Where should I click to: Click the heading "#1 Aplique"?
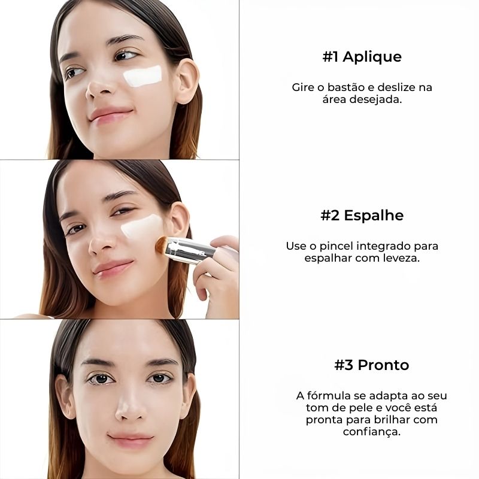pos(362,56)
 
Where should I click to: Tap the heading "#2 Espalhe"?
pos(362,216)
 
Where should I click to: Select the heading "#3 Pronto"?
pos(371,365)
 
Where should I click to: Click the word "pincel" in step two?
pos(336,246)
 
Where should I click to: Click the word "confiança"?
pos(371,432)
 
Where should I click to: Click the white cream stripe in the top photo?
pos(143,76)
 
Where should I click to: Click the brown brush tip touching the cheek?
pos(160,245)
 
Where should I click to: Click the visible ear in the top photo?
pos(187,81)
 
